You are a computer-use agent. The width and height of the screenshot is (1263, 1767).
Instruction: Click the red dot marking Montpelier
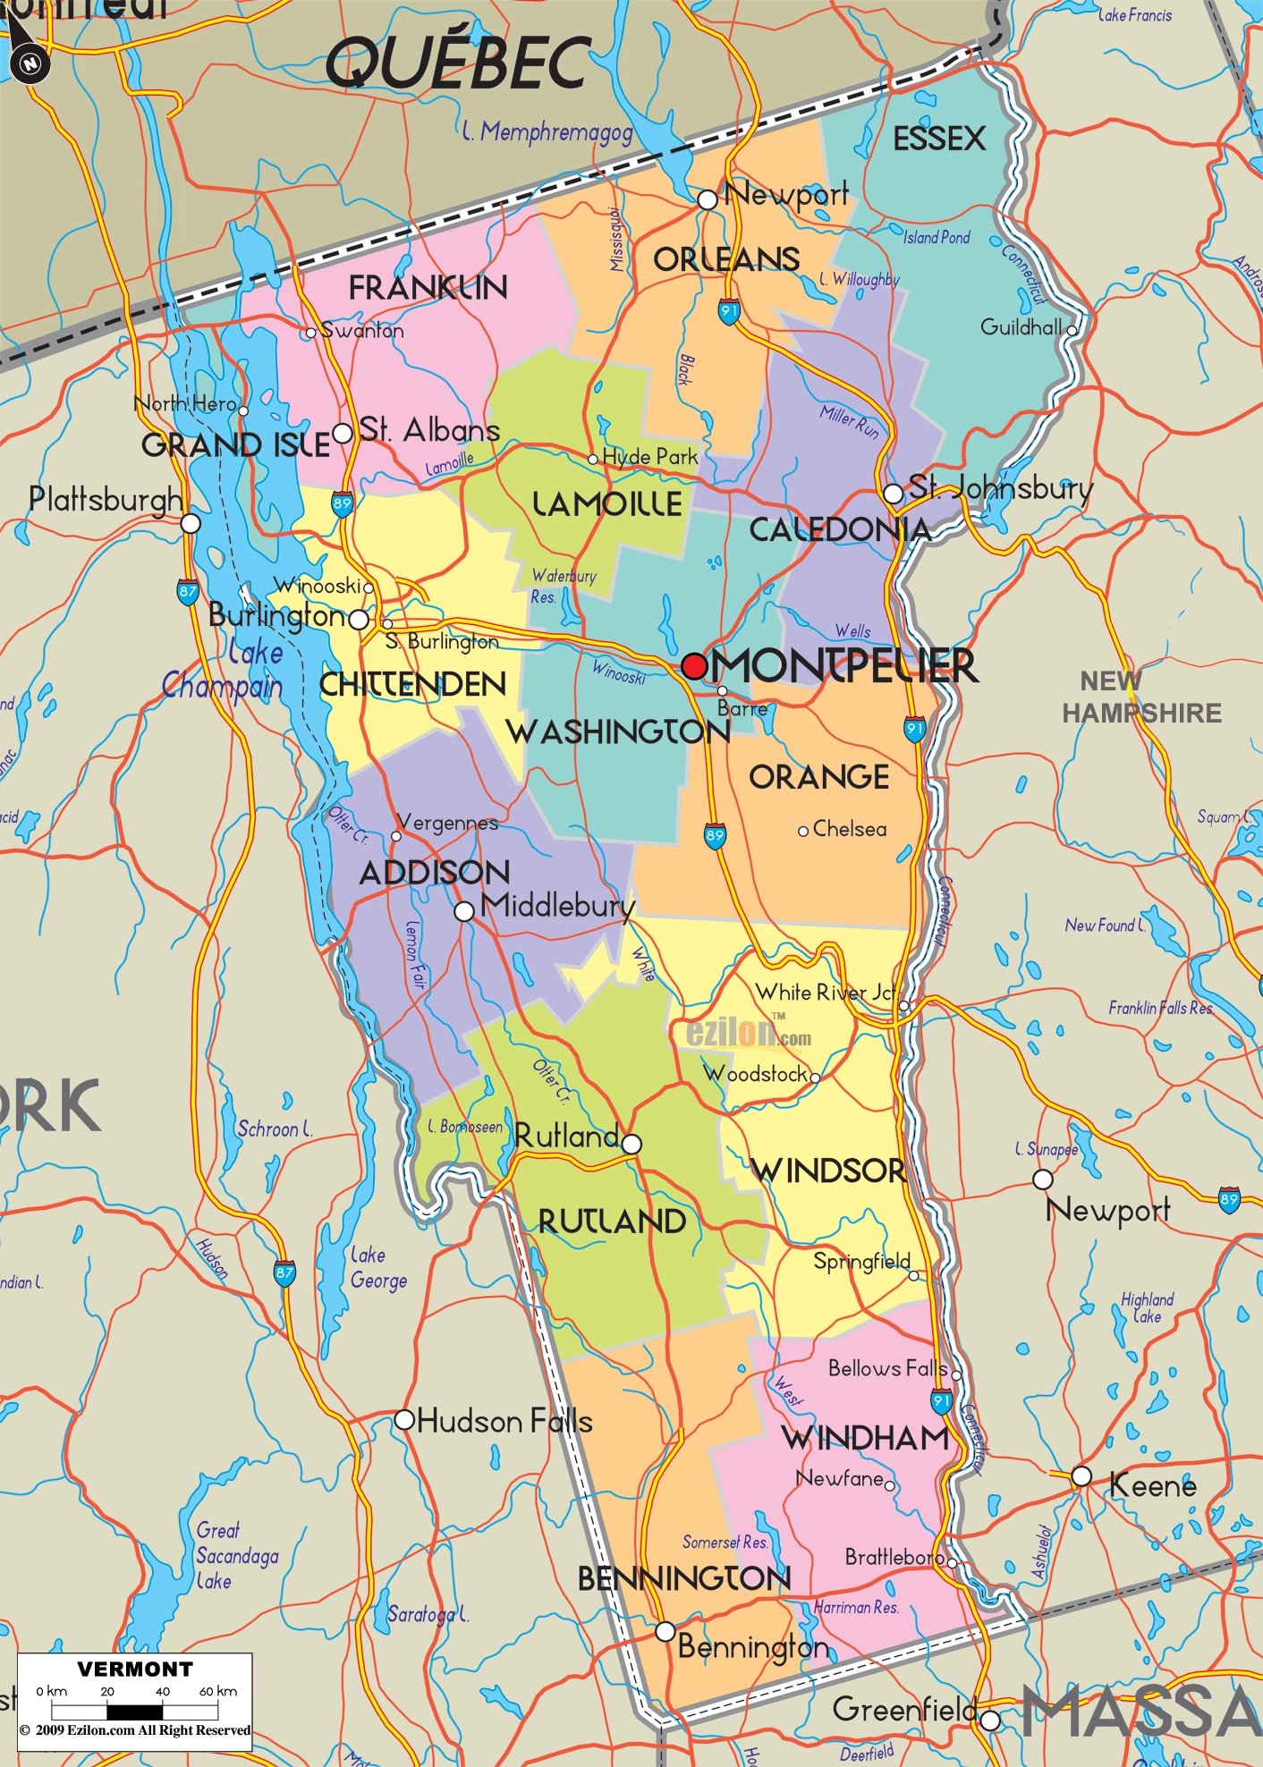point(694,666)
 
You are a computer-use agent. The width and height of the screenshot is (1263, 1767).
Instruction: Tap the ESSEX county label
point(939,139)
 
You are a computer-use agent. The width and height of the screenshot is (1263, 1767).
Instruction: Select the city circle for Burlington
point(358,619)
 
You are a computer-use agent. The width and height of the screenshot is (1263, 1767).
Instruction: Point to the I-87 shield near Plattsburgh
point(188,592)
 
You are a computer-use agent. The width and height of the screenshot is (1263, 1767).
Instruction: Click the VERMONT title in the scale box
point(134,1669)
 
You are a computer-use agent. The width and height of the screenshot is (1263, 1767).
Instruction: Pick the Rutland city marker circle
point(631,1144)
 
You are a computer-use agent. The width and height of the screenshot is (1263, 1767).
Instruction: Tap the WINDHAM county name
point(865,1439)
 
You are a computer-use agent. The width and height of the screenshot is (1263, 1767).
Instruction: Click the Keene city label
point(1152,1486)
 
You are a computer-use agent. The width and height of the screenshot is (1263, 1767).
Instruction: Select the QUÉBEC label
point(458,63)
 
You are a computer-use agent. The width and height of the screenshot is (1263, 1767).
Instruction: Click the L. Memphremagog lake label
point(547,132)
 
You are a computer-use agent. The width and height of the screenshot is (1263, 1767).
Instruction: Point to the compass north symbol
point(30,63)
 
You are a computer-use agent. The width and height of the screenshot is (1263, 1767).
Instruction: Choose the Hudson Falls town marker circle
point(404,1419)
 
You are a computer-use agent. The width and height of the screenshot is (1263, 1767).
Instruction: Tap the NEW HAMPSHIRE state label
point(1141,697)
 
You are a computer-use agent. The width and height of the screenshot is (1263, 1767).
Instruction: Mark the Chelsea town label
point(849,829)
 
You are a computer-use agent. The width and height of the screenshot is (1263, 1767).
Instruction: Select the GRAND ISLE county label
point(236,444)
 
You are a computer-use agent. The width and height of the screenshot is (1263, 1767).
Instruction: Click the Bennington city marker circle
point(665,1631)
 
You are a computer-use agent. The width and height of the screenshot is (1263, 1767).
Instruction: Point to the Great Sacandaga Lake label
point(237,1556)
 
